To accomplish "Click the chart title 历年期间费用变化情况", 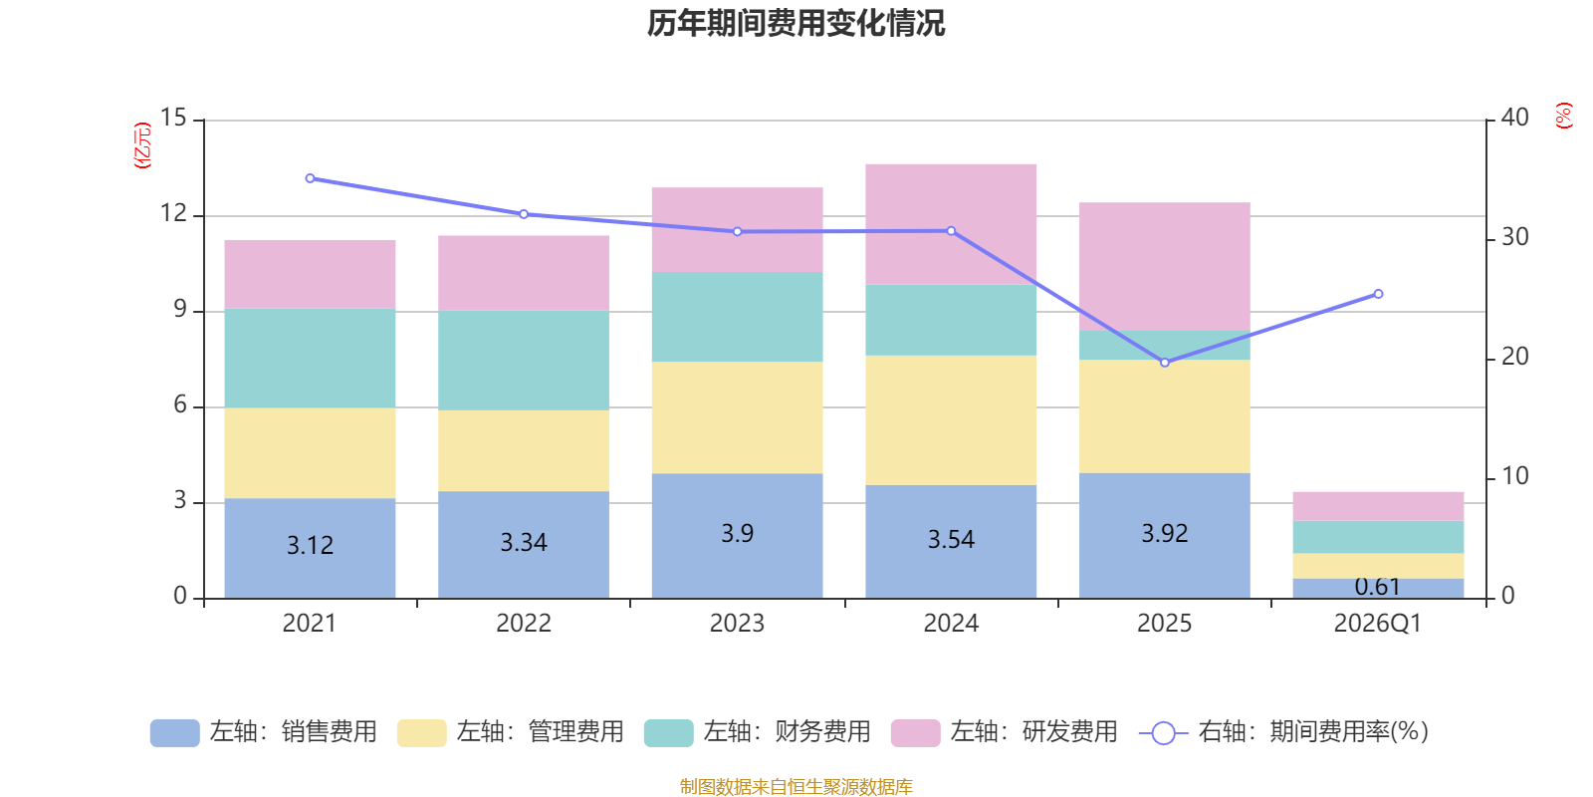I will pyautogui.click(x=796, y=23).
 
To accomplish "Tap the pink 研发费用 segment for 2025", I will pyautogui.click(x=1164, y=265).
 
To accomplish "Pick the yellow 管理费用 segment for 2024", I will pyautogui.click(x=951, y=419).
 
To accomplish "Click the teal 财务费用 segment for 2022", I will pyautogui.click(x=523, y=360).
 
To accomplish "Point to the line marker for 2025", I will pyautogui.click(x=1165, y=363).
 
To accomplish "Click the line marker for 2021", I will pyautogui.click(x=310, y=178).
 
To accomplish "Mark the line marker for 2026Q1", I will pyautogui.click(x=1378, y=294).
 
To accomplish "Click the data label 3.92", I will pyautogui.click(x=1164, y=534).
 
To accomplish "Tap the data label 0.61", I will pyautogui.click(x=1378, y=587).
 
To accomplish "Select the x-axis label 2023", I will pyautogui.click(x=737, y=624).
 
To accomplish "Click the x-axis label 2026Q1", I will pyautogui.click(x=1378, y=624).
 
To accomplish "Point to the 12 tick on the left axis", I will pyautogui.click(x=174, y=213).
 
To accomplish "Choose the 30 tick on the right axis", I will pyautogui.click(x=1514, y=237).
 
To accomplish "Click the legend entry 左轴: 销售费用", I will pyautogui.click(x=264, y=732).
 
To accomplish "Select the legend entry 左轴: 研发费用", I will pyautogui.click(x=1005, y=732).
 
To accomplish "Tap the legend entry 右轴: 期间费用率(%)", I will pyautogui.click(x=1283, y=732).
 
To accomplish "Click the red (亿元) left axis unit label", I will pyautogui.click(x=143, y=145).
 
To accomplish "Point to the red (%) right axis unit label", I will pyautogui.click(x=1563, y=116).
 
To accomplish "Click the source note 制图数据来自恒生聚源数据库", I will pyautogui.click(x=796, y=787).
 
